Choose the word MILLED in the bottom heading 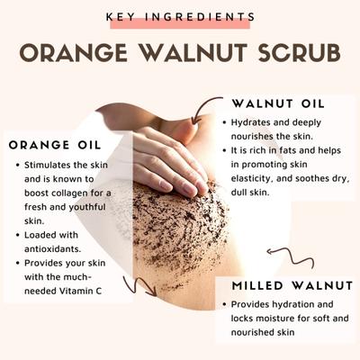click(257, 285)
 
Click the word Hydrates click(256, 121)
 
